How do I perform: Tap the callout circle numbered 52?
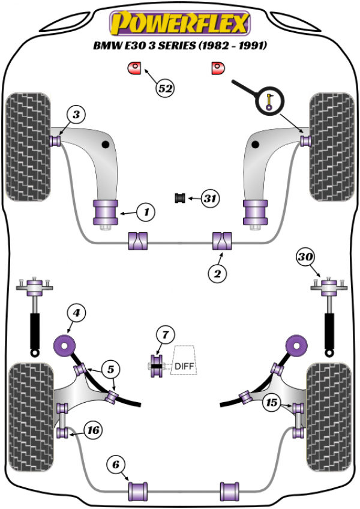coord(165,88)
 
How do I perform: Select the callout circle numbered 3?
coord(76,114)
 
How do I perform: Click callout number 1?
coord(145,211)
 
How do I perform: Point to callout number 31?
coord(209,197)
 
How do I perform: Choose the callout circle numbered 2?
coord(217,274)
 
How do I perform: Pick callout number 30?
coord(305,258)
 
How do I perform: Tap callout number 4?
coord(76,312)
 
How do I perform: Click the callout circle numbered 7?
coord(165,334)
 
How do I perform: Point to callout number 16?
coord(93,430)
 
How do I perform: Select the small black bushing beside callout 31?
coord(179,197)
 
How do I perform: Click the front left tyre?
coord(28,146)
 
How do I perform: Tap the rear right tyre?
coord(329,415)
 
